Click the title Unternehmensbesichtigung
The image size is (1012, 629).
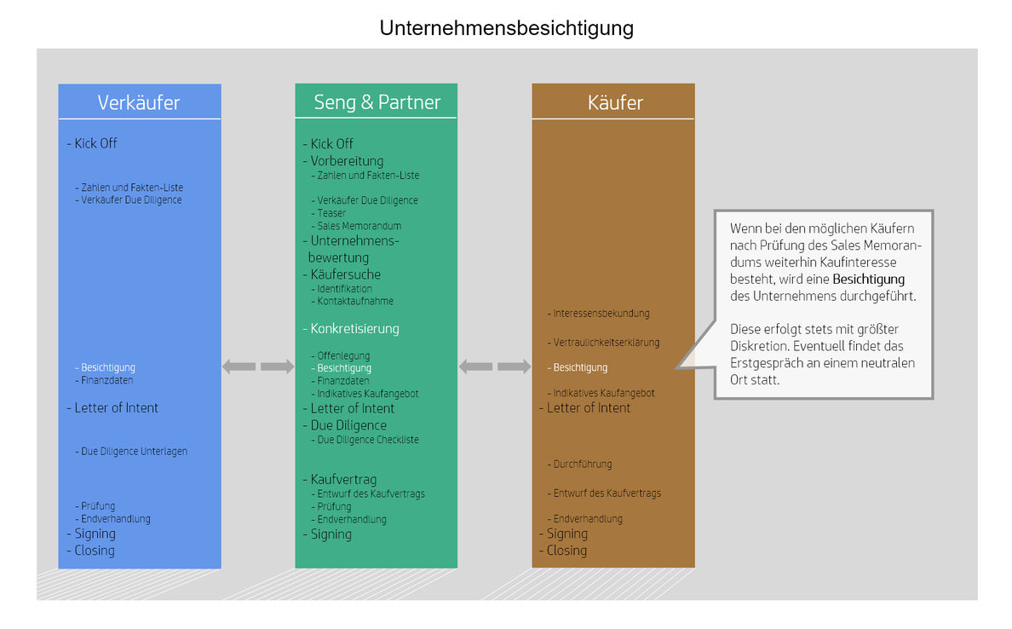point(506,28)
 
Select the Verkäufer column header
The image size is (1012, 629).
point(139,102)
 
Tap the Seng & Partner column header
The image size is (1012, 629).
point(377,102)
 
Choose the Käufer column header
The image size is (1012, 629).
point(615,102)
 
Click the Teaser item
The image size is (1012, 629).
point(331,213)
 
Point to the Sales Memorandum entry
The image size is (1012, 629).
point(359,226)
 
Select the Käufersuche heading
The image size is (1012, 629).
point(345,274)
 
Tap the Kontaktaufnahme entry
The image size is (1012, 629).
point(355,301)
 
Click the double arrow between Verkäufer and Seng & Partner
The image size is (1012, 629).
point(258,366)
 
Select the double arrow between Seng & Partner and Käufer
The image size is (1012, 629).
point(495,366)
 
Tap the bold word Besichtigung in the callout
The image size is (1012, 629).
point(869,280)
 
